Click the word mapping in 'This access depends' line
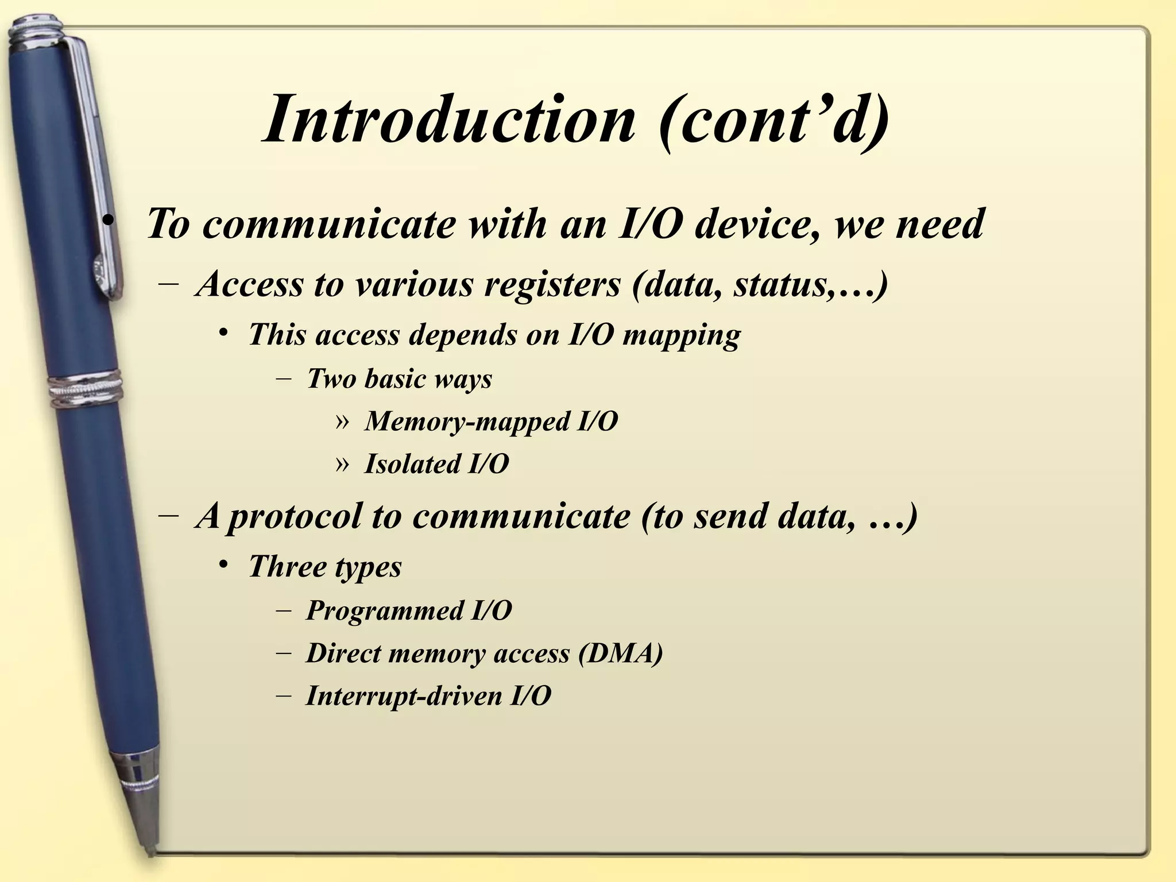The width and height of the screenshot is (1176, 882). (682, 335)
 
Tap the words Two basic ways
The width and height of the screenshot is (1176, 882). (400, 379)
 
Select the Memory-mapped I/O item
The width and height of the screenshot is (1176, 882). (491, 422)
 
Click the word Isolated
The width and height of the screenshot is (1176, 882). (412, 464)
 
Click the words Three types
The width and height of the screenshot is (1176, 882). (325, 567)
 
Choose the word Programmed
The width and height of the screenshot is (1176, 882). (384, 610)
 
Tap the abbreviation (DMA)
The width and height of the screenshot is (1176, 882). (620, 653)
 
